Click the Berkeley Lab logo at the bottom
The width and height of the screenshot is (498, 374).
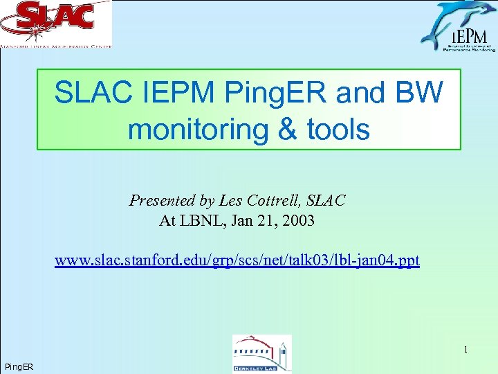coord(261,354)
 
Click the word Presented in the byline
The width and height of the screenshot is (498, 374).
coord(162,201)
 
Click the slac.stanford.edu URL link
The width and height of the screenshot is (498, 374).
coord(237,261)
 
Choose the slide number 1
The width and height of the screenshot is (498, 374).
coord(465,350)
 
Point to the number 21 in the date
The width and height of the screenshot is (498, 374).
coord(266,221)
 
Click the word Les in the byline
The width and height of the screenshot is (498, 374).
coord(229,201)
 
